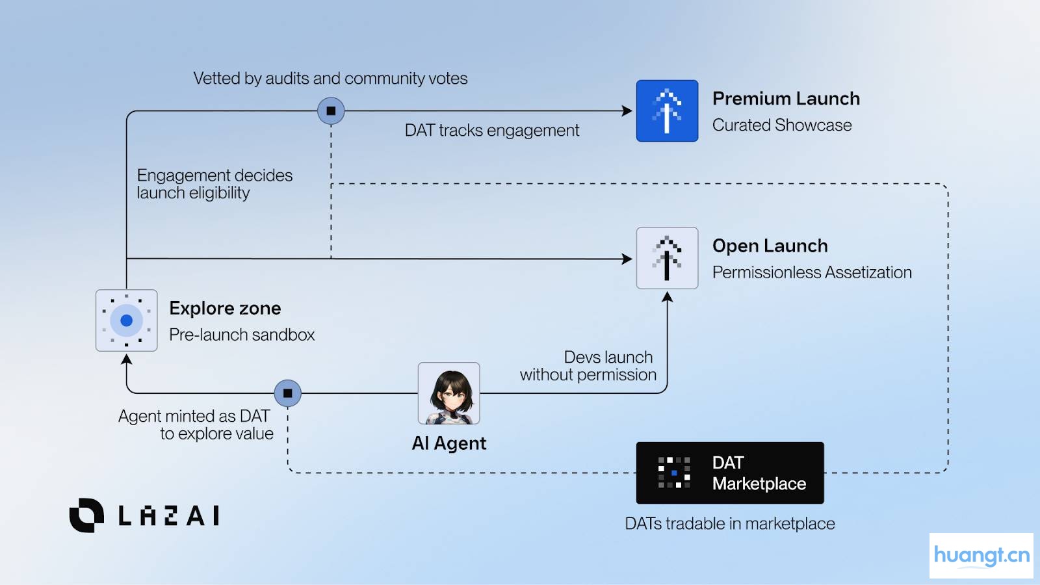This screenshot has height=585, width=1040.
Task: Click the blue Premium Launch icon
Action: click(667, 111)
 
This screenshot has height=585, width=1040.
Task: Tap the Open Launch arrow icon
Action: click(667, 258)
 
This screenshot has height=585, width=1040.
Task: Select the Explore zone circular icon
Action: click(126, 320)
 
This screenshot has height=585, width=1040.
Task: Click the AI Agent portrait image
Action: click(448, 393)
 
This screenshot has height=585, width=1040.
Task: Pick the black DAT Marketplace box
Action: click(729, 473)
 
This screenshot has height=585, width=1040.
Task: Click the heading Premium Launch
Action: click(786, 99)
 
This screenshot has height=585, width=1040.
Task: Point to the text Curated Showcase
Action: click(781, 125)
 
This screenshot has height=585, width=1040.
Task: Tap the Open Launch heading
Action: click(770, 246)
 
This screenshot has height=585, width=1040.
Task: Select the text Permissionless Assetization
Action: click(811, 272)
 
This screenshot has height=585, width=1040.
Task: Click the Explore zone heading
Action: click(225, 308)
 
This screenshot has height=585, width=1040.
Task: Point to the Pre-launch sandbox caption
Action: click(242, 335)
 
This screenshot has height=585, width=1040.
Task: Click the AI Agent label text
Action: click(448, 443)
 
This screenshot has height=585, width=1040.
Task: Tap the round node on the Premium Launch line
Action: click(331, 111)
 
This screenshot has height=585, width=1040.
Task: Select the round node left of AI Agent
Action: click(287, 393)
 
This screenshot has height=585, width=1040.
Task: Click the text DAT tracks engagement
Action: click(491, 131)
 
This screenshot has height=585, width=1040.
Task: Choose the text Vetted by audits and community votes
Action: click(330, 79)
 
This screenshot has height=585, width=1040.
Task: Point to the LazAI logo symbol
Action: click(86, 515)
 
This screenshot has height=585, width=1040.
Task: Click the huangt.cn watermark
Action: click(981, 556)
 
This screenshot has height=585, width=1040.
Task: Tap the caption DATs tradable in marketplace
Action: click(729, 524)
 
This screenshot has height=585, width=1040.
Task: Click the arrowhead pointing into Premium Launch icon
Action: click(627, 111)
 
